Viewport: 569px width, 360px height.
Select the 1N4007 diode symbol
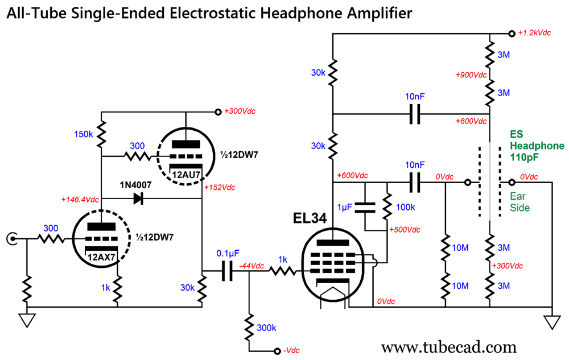(138, 198)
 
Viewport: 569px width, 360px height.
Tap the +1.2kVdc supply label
(534, 33)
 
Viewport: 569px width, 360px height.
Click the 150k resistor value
(83, 134)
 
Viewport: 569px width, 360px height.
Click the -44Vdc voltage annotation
(251, 266)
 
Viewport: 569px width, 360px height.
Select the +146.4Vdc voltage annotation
(80, 200)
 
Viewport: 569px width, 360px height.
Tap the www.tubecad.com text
(448, 346)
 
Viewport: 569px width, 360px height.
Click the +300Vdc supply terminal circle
(217, 112)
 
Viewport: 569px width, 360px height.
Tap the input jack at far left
(11, 240)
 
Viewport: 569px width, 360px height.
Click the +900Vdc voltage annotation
(471, 75)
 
